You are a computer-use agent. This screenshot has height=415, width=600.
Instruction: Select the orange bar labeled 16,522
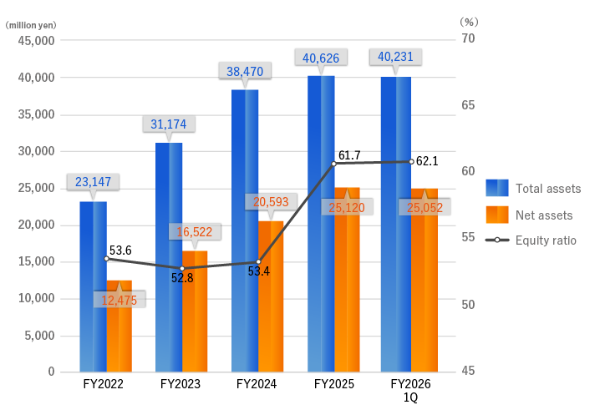pyautogui.click(x=195, y=311)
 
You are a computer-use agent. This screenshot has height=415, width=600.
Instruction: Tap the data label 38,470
pyautogui.click(x=245, y=72)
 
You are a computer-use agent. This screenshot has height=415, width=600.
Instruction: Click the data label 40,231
pyautogui.click(x=396, y=58)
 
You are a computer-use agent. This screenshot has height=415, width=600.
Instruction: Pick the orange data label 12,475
pyautogui.click(x=119, y=301)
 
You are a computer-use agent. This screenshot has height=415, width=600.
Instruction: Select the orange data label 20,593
pyautogui.click(x=271, y=201)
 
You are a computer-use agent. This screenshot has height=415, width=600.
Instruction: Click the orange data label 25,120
pyautogui.click(x=347, y=207)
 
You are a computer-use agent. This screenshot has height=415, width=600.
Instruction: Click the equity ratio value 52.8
pyautogui.click(x=182, y=278)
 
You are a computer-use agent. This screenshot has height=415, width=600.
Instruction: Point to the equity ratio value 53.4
pyautogui.click(x=258, y=271)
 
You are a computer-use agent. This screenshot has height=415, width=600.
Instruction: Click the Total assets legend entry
pyautogui.click(x=547, y=189)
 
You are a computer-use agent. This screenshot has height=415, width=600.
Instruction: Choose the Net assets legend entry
pyautogui.click(x=543, y=215)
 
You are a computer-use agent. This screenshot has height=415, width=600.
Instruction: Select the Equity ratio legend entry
pyautogui.click(x=546, y=240)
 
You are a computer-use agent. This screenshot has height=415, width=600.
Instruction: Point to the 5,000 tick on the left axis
pyautogui.click(x=39, y=335)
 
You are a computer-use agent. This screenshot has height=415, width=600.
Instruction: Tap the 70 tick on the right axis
pyautogui.click(x=468, y=38)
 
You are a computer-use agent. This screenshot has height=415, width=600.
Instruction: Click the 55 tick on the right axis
pyautogui.click(x=468, y=237)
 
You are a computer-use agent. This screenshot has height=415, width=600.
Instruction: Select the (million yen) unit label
pyautogui.click(x=30, y=25)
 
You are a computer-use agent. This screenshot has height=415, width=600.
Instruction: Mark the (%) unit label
pyautogui.click(x=469, y=21)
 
